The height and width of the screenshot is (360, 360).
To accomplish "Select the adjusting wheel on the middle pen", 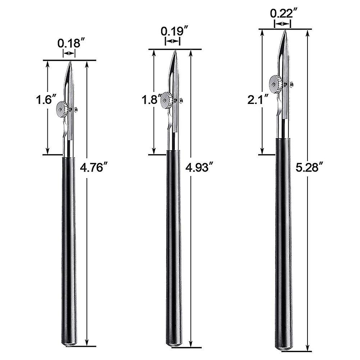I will click(167, 100).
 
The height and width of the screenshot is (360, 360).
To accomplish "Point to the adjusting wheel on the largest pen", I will click(275, 83).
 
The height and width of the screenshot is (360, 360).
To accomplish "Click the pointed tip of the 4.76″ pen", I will click(70, 63).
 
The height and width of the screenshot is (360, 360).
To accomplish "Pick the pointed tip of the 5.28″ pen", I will click(284, 32).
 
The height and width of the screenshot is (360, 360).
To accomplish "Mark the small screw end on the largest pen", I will click(292, 85).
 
